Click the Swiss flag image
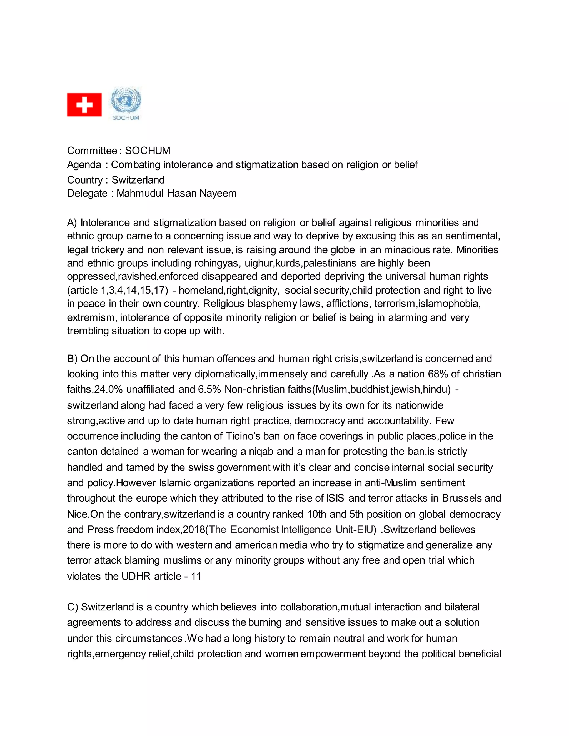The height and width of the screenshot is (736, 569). point(84,104)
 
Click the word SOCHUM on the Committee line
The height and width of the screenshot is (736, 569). point(148,151)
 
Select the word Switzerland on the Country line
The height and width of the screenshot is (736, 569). point(138,180)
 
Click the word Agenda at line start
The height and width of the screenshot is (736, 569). point(84,165)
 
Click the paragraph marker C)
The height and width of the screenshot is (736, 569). point(73,607)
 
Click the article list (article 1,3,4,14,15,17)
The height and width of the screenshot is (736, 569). point(117,290)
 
